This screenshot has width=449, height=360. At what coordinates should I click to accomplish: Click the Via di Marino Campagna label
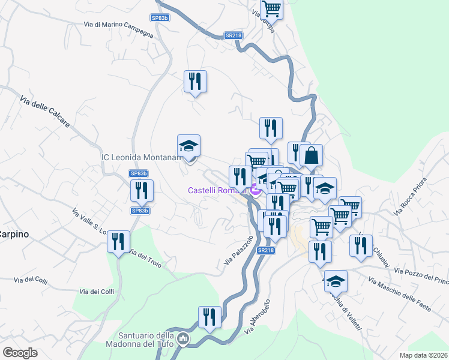coord(119,29)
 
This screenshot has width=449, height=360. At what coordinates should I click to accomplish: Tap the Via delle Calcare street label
coord(45,112)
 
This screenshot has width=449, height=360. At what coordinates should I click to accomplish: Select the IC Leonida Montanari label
coord(142,157)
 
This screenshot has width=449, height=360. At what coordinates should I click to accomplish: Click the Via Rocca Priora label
coord(409,196)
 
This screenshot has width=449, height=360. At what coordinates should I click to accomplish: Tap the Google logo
coord(20,353)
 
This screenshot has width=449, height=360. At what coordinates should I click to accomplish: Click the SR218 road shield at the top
coord(233,35)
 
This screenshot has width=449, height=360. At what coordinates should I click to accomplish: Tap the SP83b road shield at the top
coord(160,18)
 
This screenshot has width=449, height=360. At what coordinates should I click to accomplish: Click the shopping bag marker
coord(312,155)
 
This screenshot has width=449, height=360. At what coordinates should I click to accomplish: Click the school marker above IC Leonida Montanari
coord(188,146)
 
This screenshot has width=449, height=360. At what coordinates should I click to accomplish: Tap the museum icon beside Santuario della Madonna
coord(184,340)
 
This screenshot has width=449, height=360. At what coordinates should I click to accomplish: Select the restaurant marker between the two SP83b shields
coord(142,191)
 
